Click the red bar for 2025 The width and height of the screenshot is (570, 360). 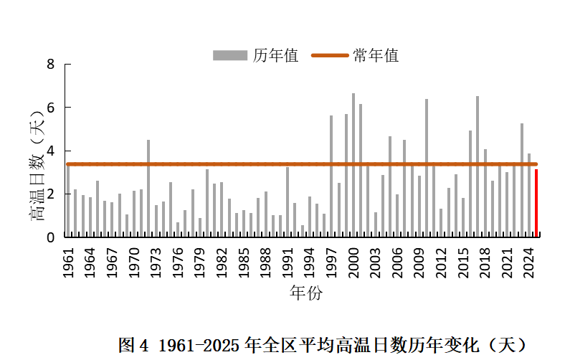536,203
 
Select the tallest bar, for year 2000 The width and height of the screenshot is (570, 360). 353,166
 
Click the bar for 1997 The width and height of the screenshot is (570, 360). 331,176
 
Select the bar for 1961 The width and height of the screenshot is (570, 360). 68,201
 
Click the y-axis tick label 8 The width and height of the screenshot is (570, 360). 51,65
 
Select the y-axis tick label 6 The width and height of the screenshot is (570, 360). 51,108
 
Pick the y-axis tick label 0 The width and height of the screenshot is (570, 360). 51,237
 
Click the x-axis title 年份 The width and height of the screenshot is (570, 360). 306,293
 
